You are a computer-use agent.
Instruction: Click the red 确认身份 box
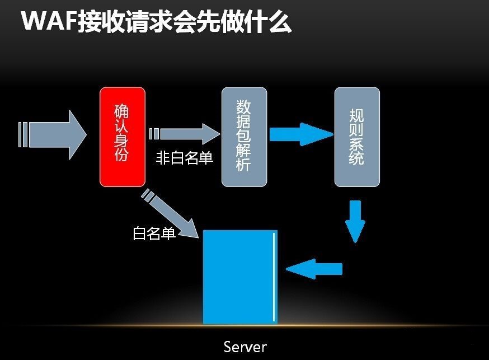coord(122,137)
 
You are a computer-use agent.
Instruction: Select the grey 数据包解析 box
coord(244,137)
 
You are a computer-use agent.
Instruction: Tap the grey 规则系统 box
coord(357,137)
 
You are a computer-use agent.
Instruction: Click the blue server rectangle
coord(239,277)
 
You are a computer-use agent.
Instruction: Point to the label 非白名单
coord(185,158)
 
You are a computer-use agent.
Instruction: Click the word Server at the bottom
coord(245,347)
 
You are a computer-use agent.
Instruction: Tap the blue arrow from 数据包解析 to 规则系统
coord(301,134)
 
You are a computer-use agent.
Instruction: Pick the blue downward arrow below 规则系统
coord(355,221)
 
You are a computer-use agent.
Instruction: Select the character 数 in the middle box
coord(244,106)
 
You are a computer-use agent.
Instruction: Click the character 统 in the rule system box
coord(356,158)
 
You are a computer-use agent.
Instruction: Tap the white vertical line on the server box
coord(274,277)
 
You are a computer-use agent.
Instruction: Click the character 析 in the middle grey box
coord(244,166)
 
